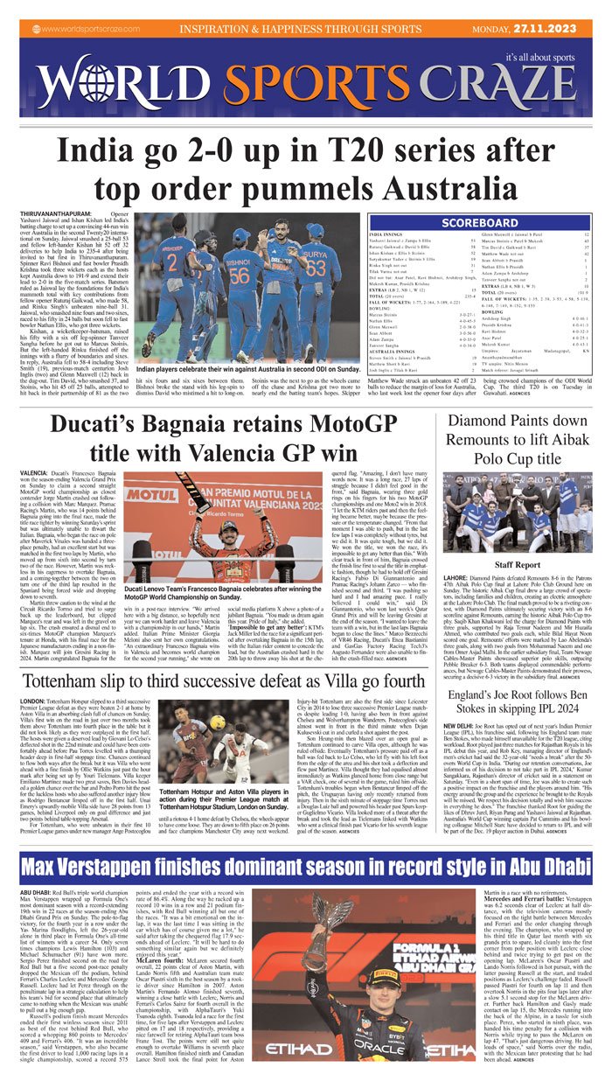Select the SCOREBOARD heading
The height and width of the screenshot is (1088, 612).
(x=480, y=222)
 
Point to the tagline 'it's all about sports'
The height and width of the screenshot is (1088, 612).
(x=546, y=58)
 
